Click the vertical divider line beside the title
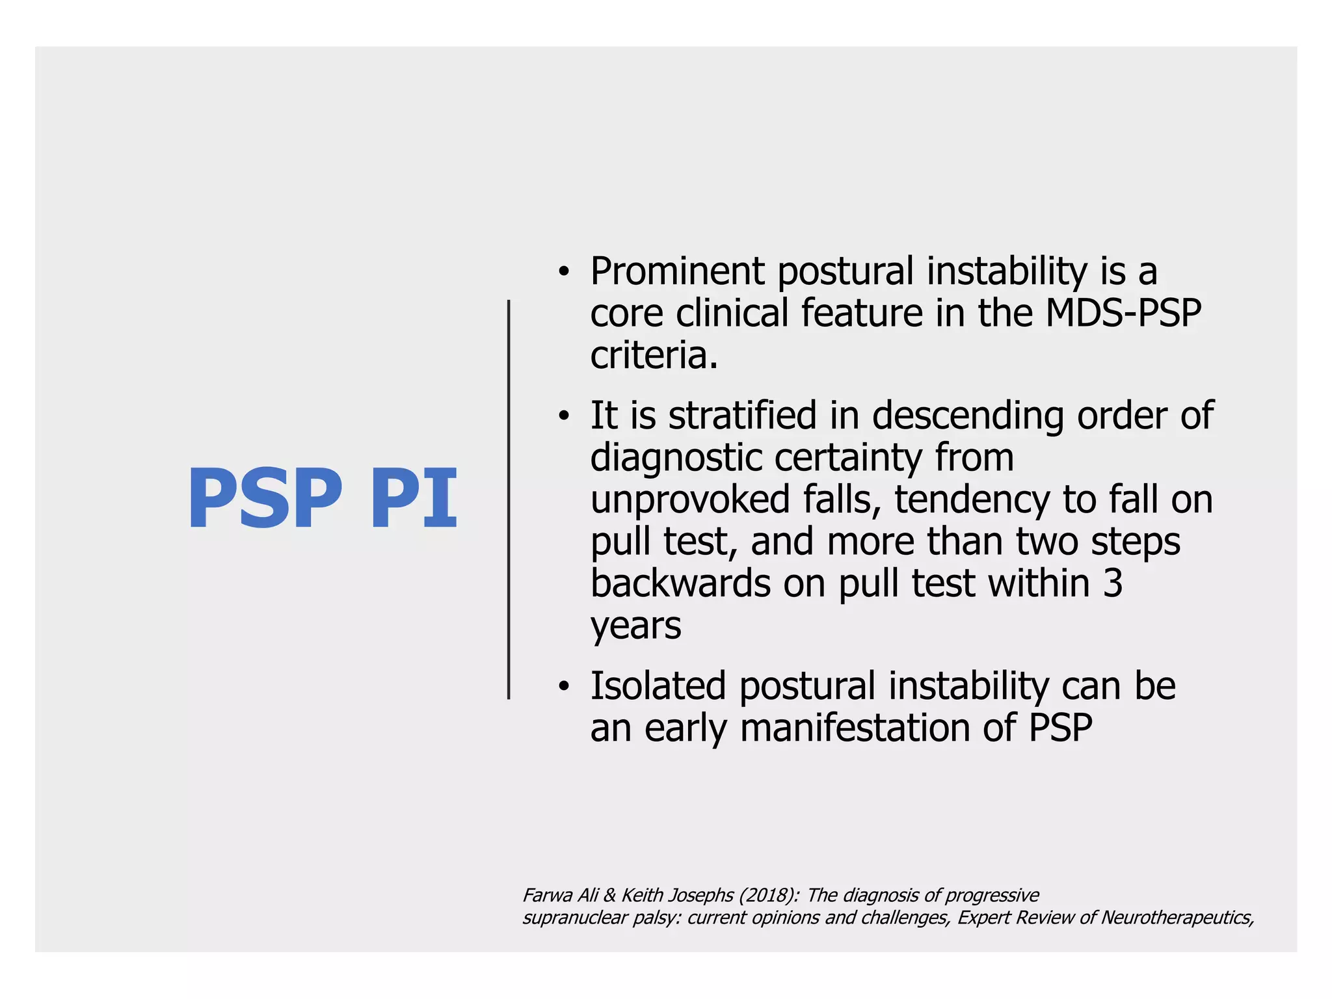click(x=509, y=499)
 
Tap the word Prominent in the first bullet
click(x=676, y=271)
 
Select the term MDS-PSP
click(x=1123, y=313)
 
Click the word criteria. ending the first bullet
click(x=654, y=355)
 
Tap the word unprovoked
click(x=691, y=499)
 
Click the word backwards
click(x=680, y=583)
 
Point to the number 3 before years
click(x=1113, y=583)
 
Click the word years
click(x=635, y=626)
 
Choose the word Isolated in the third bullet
click(x=658, y=686)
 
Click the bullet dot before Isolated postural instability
click(x=563, y=687)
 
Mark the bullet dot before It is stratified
click(x=563, y=416)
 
